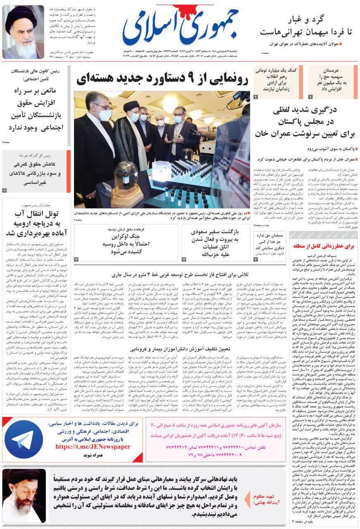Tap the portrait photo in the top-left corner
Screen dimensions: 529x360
pyautogui.click(x=23, y=32)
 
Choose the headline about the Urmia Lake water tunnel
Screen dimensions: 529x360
pyautogui.click(x=37, y=224)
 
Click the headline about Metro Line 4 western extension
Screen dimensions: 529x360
pyautogui.click(x=181, y=274)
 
